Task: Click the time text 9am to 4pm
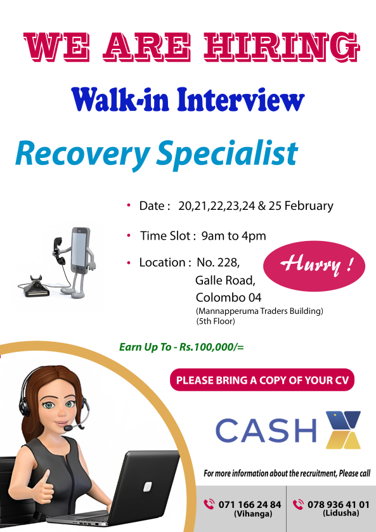tap(233, 236)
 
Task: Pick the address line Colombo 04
tap(228, 297)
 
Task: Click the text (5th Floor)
tap(216, 321)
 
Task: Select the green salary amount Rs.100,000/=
tap(212, 347)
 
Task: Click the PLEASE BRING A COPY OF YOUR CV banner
tap(263, 380)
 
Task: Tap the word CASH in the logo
tap(266, 431)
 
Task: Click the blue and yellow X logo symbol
tap(342, 429)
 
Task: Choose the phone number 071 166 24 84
tap(249, 504)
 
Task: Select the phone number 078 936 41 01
tap(338, 504)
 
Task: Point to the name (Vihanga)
tap(249, 513)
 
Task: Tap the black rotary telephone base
tap(39, 287)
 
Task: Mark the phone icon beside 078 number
tap(299, 505)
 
